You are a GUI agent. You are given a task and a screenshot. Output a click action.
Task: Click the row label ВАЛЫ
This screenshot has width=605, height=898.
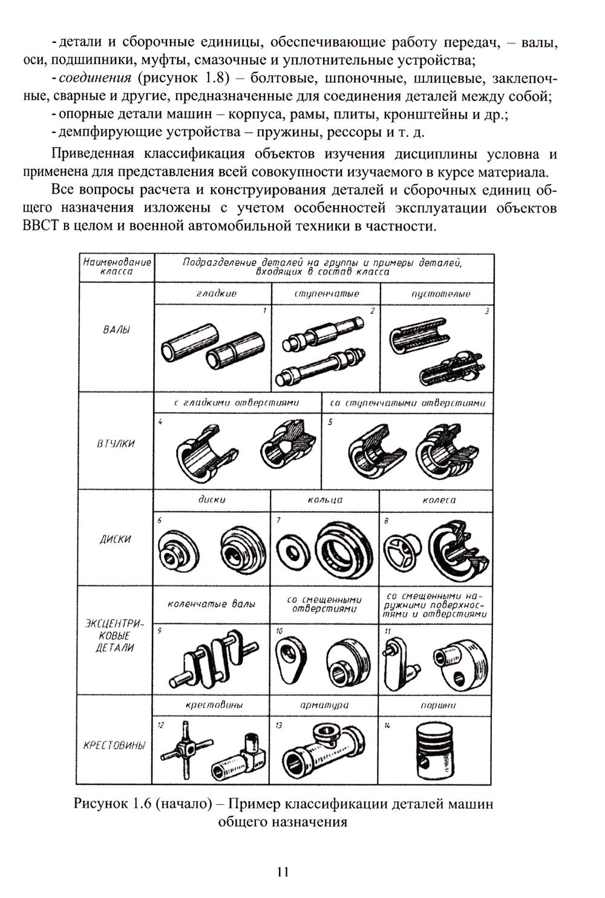pos(116,330)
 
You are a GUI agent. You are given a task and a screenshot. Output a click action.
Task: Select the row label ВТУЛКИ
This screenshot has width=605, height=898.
pos(116,444)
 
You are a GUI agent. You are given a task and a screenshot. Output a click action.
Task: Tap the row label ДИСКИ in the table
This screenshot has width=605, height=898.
pos(116,539)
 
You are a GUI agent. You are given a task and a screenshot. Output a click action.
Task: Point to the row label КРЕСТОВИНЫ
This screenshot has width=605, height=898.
pos(115,746)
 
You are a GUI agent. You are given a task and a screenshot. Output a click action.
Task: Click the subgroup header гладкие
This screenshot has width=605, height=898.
pos(217,294)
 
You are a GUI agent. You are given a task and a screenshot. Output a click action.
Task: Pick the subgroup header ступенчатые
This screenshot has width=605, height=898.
pos(327,294)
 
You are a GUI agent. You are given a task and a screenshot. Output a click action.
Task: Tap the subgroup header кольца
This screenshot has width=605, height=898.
pos(325,500)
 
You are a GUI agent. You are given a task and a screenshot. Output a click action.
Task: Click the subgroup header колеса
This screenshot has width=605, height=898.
pos(440,500)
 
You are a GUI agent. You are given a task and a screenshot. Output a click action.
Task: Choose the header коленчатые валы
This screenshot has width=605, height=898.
pos(212,604)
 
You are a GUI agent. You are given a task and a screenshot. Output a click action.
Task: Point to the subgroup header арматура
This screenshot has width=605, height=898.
pos(325,705)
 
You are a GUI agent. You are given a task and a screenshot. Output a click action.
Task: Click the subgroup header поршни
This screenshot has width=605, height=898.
pos(438,705)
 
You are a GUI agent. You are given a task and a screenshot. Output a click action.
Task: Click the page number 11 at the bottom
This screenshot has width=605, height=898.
pos(283,871)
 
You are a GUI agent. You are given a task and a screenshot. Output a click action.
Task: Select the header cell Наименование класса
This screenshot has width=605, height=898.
pos(117,267)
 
